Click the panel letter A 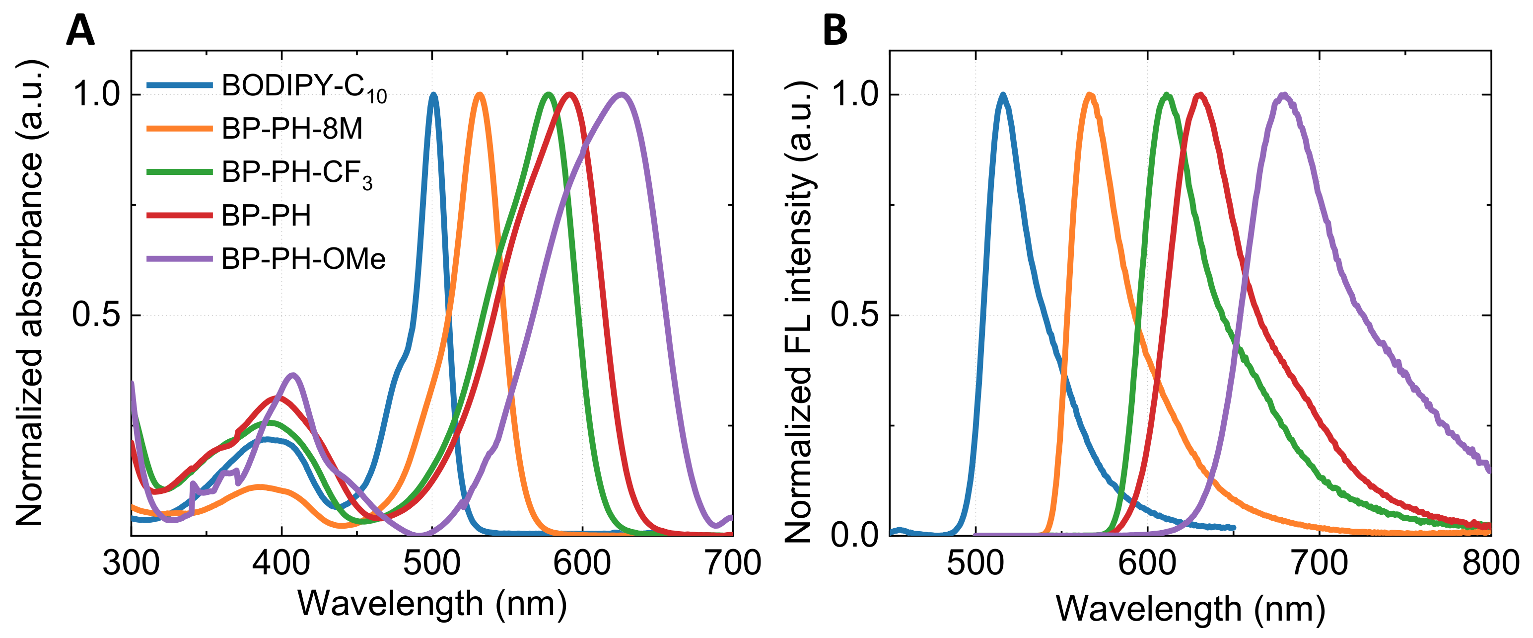[80, 30]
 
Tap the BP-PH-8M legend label [291, 129]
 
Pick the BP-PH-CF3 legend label [296, 173]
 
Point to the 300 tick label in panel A [131, 563]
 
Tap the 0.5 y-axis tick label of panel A [96, 315]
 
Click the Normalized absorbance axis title [30, 292]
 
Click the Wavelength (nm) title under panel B [1190, 609]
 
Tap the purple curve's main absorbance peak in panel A [622, 94]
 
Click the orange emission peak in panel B [1090, 94]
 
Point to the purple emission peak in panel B [1284, 94]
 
